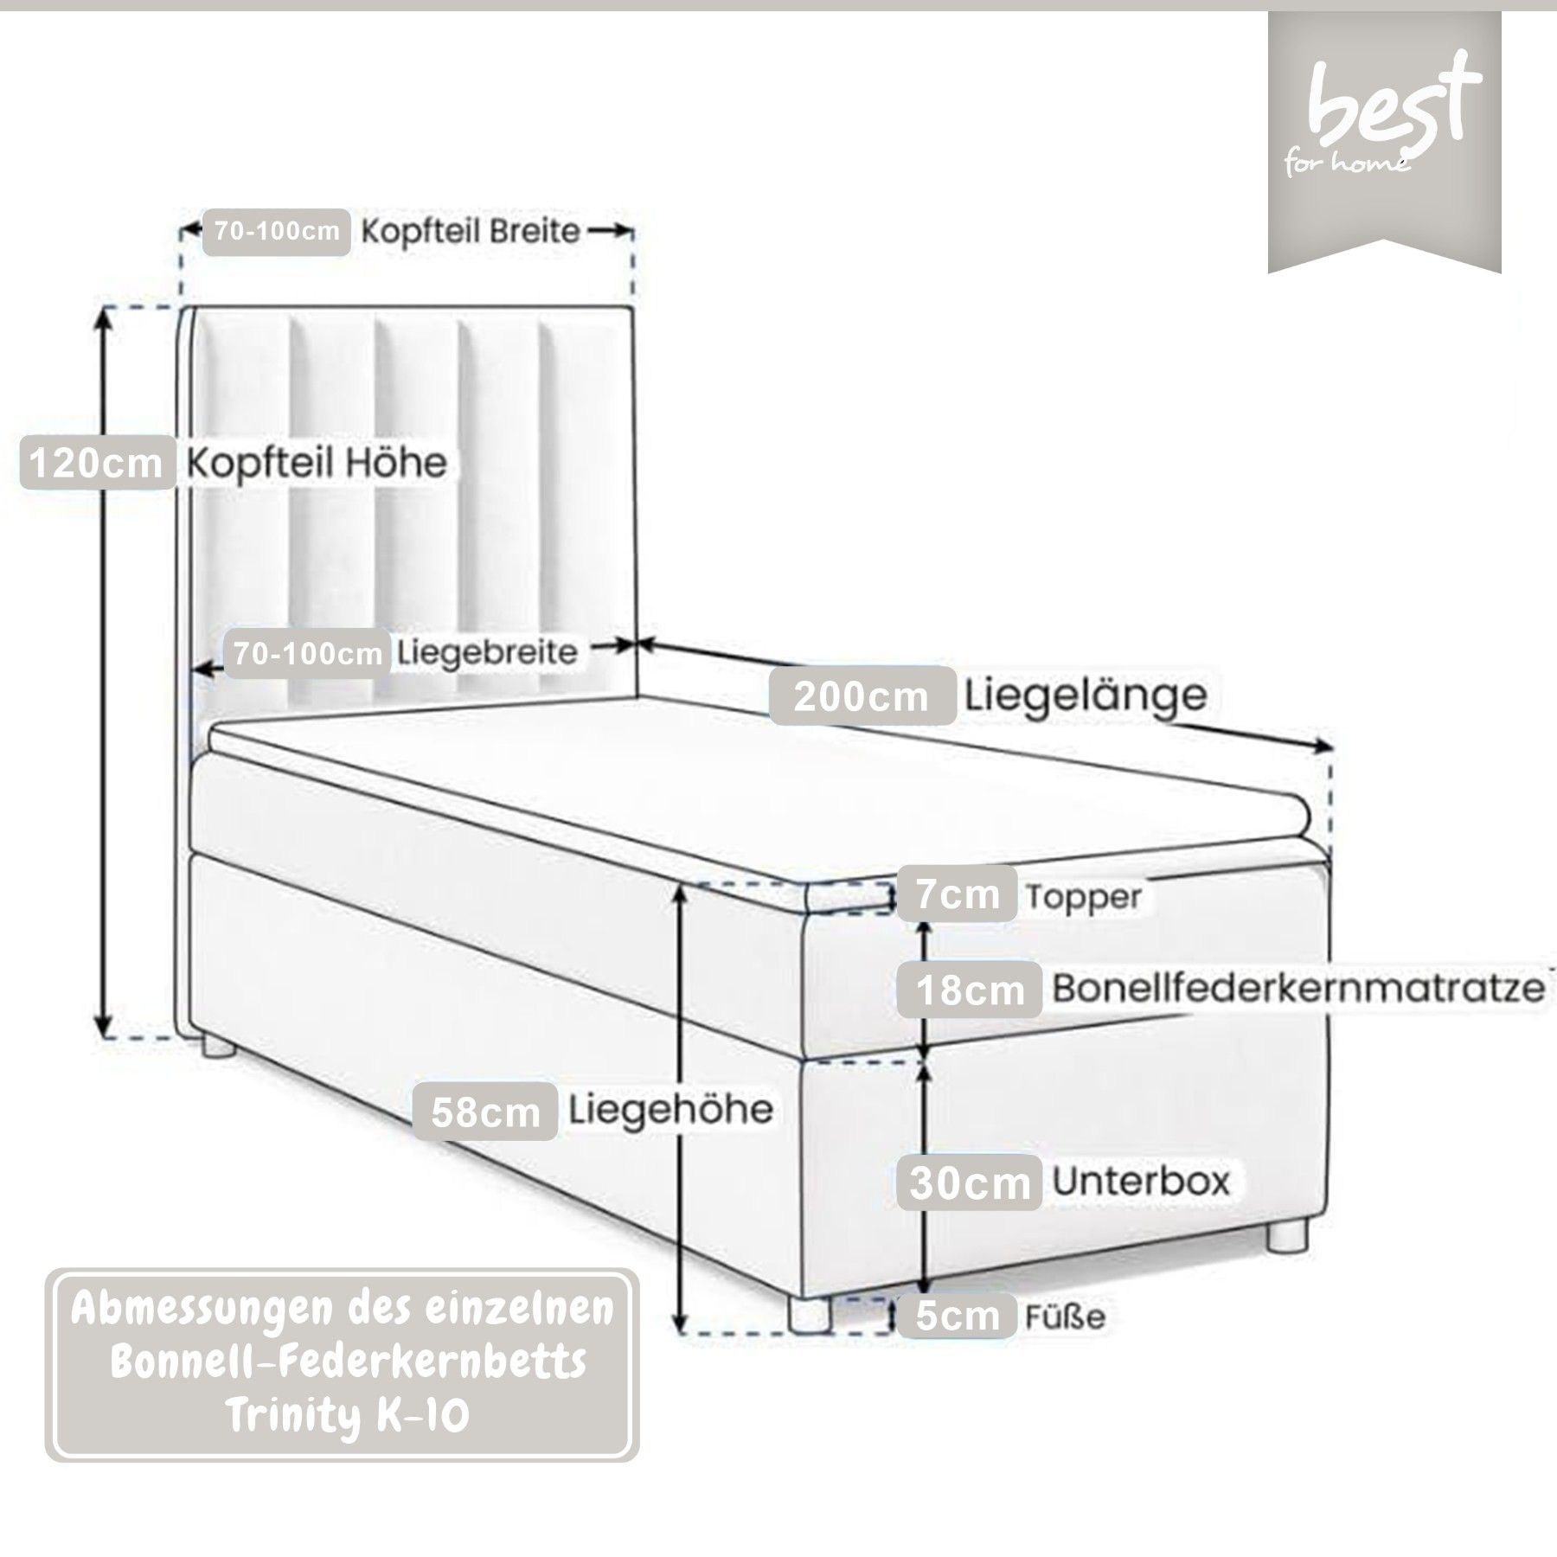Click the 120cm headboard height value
pyautogui.click(x=97, y=464)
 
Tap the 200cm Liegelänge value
pyautogui.click(x=862, y=695)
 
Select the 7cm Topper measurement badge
pyautogui.click(x=958, y=894)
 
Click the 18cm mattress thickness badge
pyautogui.click(x=970, y=989)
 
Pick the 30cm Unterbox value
pyautogui.click(x=970, y=1182)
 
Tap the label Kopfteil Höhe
pyautogui.click(x=317, y=464)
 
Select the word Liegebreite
pyautogui.click(x=487, y=651)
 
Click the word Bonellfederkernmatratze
pyautogui.click(x=1297, y=988)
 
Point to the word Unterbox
pyautogui.click(x=1140, y=1181)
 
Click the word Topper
pyautogui.click(x=1084, y=897)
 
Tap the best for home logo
pyautogui.click(x=1384, y=121)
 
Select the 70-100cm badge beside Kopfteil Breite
pyautogui.click(x=277, y=232)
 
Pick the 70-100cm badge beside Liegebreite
pyautogui.click(x=307, y=653)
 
